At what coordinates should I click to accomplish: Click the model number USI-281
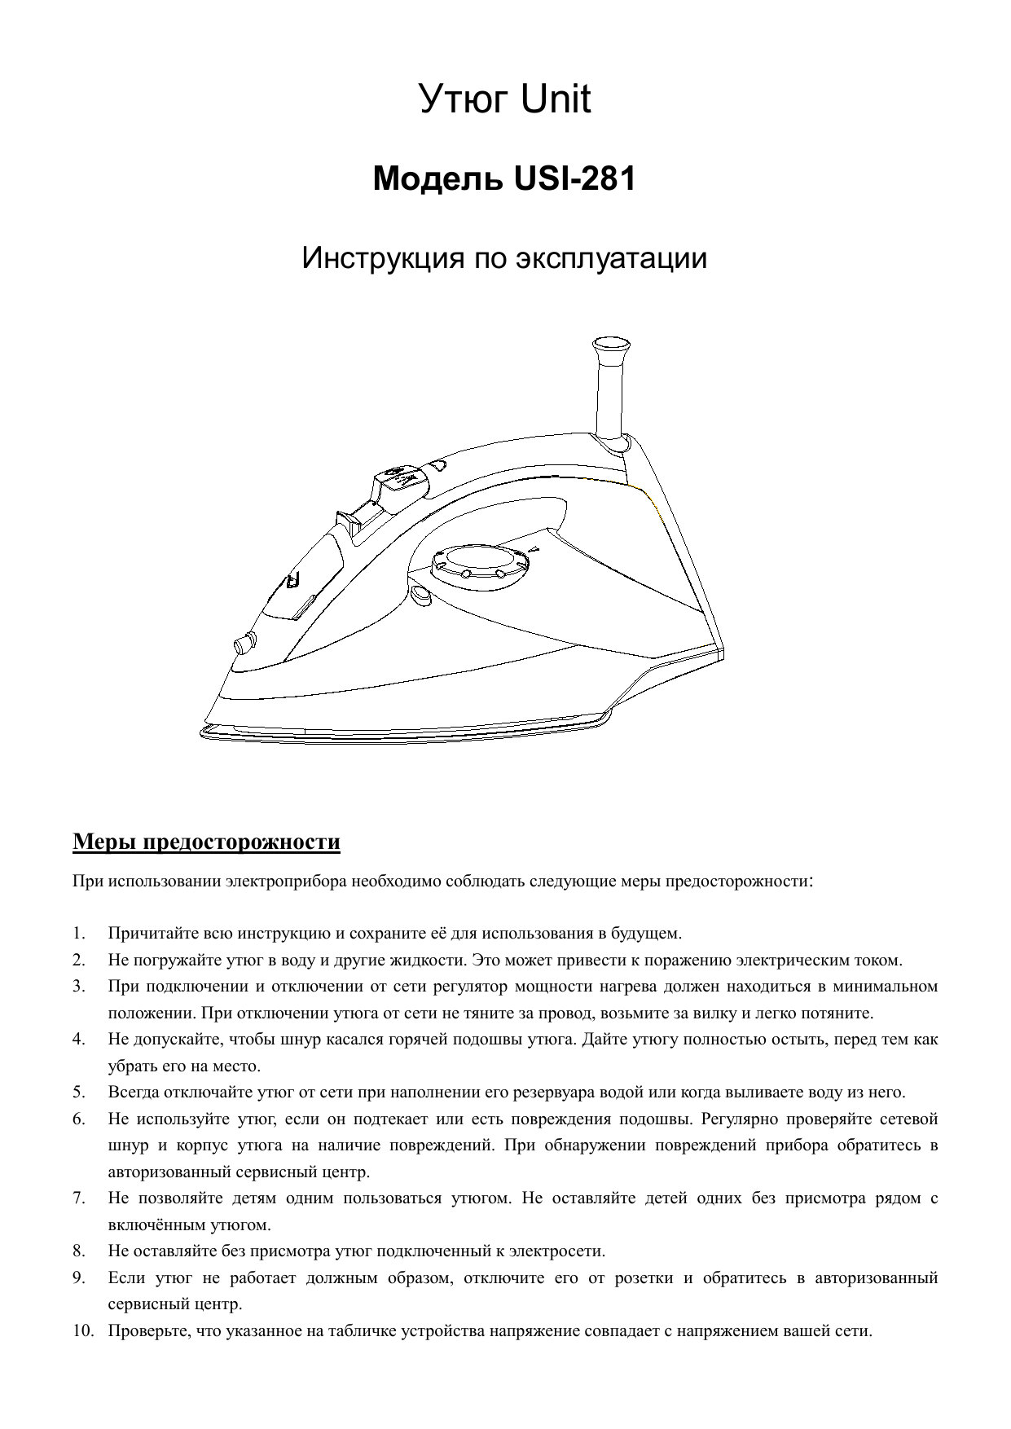point(574,179)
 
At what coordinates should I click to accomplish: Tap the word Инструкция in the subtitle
point(376,259)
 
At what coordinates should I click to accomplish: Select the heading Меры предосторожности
point(206,841)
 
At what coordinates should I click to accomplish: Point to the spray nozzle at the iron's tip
point(243,644)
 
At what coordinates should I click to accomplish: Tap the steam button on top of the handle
point(401,478)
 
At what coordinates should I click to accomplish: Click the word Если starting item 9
point(125,1277)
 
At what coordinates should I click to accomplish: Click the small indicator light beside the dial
point(420,596)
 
